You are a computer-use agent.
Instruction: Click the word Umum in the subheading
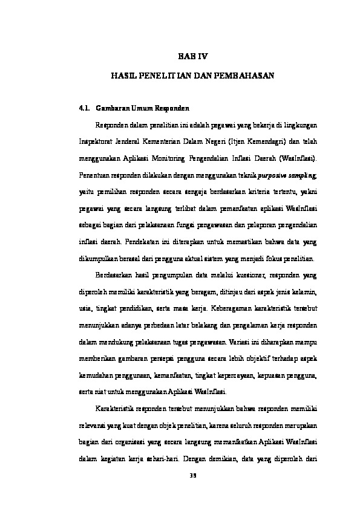142,109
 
